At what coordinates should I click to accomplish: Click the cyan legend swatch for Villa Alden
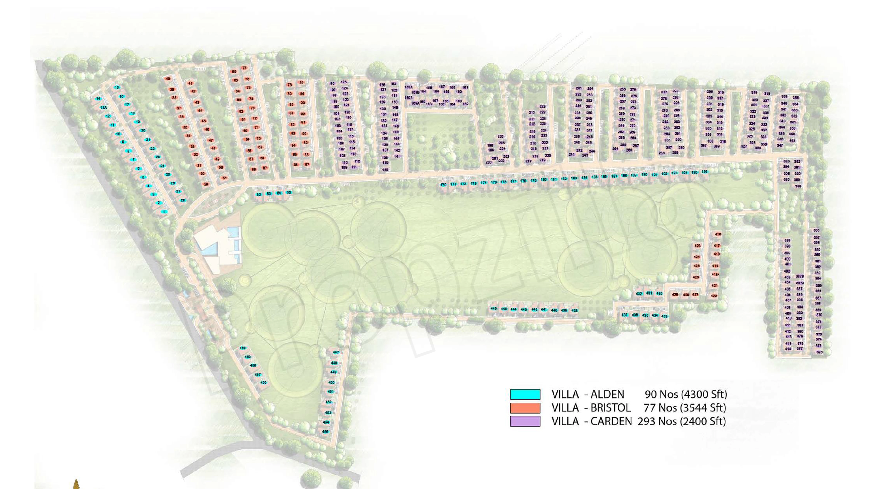click(x=525, y=394)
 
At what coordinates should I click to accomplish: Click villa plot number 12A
click(x=103, y=107)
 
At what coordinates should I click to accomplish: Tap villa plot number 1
click(x=164, y=212)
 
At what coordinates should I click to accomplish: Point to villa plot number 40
click(x=168, y=79)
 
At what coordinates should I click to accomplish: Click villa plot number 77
click(x=244, y=68)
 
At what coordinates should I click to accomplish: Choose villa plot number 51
click(x=225, y=178)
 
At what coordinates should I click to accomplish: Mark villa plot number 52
click(x=259, y=194)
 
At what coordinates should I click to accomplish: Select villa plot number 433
click(x=664, y=316)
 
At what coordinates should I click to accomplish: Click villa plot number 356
click(x=816, y=230)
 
